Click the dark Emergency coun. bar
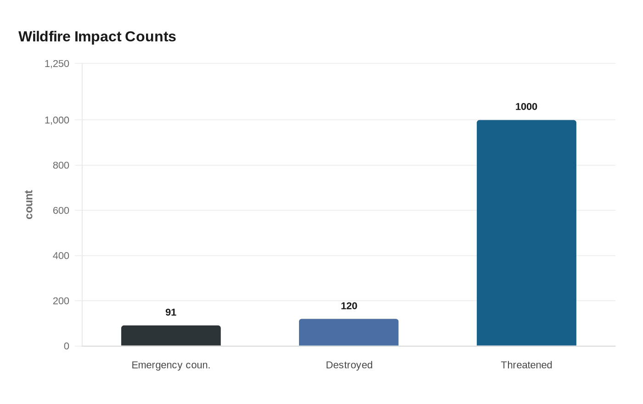point(171,336)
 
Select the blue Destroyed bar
point(349,332)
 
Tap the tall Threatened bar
point(526,233)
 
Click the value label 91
point(171,313)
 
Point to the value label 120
point(349,306)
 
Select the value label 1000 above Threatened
point(526,107)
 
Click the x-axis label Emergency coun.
point(171,365)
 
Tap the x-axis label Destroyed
point(349,365)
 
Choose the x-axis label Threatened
point(526,365)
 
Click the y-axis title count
point(29,205)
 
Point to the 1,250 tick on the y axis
point(57,64)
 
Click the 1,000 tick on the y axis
point(57,120)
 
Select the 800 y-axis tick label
point(61,165)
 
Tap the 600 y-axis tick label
point(61,211)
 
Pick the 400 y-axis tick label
point(61,256)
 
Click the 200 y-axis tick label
point(61,301)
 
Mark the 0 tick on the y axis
point(67,346)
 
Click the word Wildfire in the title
point(45,37)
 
